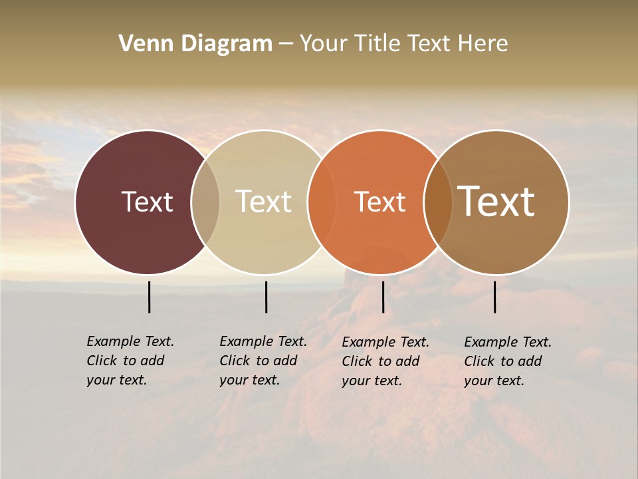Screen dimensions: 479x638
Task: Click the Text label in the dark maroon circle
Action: click(x=147, y=202)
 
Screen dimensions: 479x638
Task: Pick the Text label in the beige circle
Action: click(x=263, y=202)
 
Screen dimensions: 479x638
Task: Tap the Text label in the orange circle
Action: click(x=379, y=202)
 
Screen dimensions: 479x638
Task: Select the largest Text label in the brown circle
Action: click(x=496, y=202)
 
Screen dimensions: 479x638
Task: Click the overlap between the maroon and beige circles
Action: click(x=205, y=202)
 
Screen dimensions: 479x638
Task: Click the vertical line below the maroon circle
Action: click(x=150, y=297)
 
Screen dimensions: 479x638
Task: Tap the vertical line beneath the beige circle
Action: click(x=266, y=297)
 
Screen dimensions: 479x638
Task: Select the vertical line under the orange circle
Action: click(x=383, y=297)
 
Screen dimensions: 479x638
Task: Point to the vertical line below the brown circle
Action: click(x=495, y=297)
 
